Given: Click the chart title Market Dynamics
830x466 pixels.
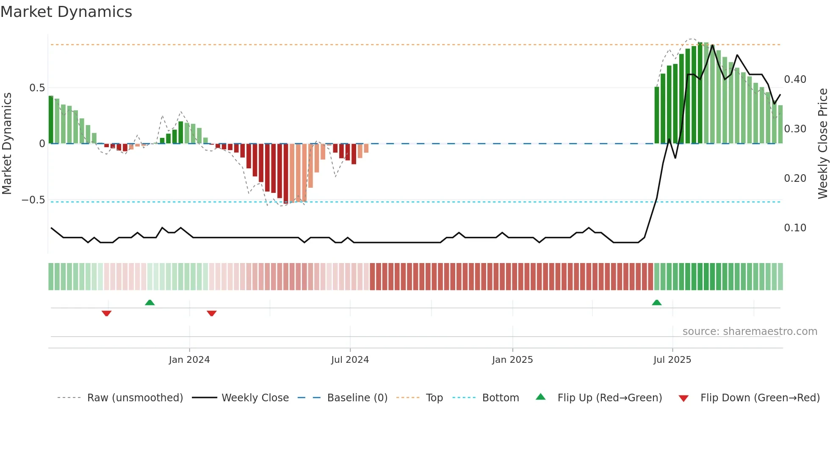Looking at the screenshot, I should click(x=66, y=12).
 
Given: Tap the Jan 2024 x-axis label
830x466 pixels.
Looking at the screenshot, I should click(x=189, y=360).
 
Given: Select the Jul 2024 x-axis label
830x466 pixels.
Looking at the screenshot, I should click(x=350, y=360).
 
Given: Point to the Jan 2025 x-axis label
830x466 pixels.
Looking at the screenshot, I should click(x=512, y=360).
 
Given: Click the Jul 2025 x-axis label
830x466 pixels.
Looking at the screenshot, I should click(x=672, y=360).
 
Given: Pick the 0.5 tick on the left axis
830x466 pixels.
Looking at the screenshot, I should click(x=37, y=88).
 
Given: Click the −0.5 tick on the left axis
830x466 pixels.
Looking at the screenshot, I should click(x=33, y=200).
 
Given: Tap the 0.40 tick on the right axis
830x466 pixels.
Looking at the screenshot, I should click(x=795, y=79).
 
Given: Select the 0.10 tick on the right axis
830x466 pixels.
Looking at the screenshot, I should click(x=795, y=228).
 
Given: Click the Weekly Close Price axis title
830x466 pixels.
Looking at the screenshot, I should click(x=822, y=144).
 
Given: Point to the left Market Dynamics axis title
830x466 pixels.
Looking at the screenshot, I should click(x=7, y=144).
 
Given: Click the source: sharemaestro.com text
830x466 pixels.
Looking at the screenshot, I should click(x=750, y=332).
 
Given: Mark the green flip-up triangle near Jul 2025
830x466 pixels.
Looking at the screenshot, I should click(x=657, y=302).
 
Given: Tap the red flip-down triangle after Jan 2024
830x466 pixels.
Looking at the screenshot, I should click(x=212, y=313).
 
